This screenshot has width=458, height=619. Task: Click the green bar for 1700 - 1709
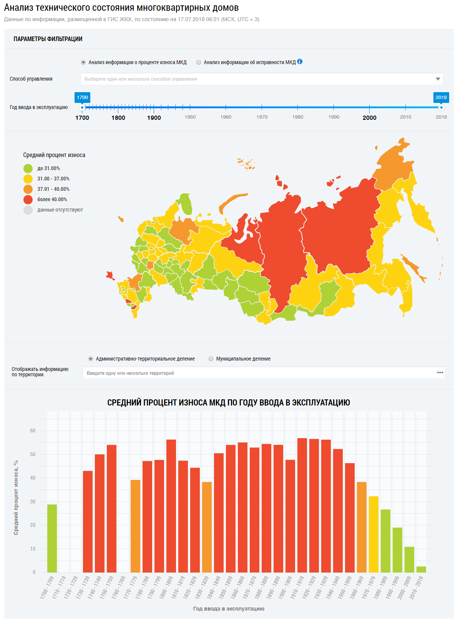(x=52, y=538)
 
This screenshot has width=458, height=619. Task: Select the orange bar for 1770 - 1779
(x=135, y=526)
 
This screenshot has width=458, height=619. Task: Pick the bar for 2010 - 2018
(x=421, y=569)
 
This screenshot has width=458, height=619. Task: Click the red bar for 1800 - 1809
(x=171, y=506)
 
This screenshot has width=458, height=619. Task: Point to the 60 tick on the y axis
(x=33, y=431)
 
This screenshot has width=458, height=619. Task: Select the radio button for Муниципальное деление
(x=211, y=359)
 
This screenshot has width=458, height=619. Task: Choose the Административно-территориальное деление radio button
(x=91, y=359)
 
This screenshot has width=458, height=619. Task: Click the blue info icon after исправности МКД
(x=300, y=61)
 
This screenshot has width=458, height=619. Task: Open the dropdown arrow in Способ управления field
(x=438, y=79)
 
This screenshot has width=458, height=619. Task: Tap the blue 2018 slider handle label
(x=441, y=98)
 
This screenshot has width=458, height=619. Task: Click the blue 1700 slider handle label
(x=82, y=98)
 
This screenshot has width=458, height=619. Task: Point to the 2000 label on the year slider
(x=369, y=118)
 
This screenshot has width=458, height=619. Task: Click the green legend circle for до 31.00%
(x=28, y=168)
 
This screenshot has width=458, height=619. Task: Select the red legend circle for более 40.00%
(x=28, y=199)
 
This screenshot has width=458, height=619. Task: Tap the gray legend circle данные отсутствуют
(x=28, y=210)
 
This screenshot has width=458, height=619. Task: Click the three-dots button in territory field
(x=440, y=372)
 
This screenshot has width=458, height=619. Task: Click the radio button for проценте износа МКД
(x=83, y=62)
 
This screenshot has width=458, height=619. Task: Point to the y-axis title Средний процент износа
(x=16, y=497)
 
